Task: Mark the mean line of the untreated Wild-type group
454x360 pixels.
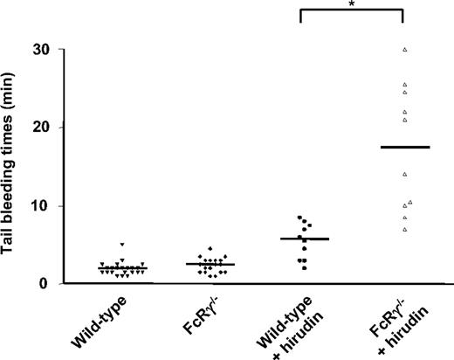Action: click(x=122, y=268)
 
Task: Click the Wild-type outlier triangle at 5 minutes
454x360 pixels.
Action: click(x=122, y=245)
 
